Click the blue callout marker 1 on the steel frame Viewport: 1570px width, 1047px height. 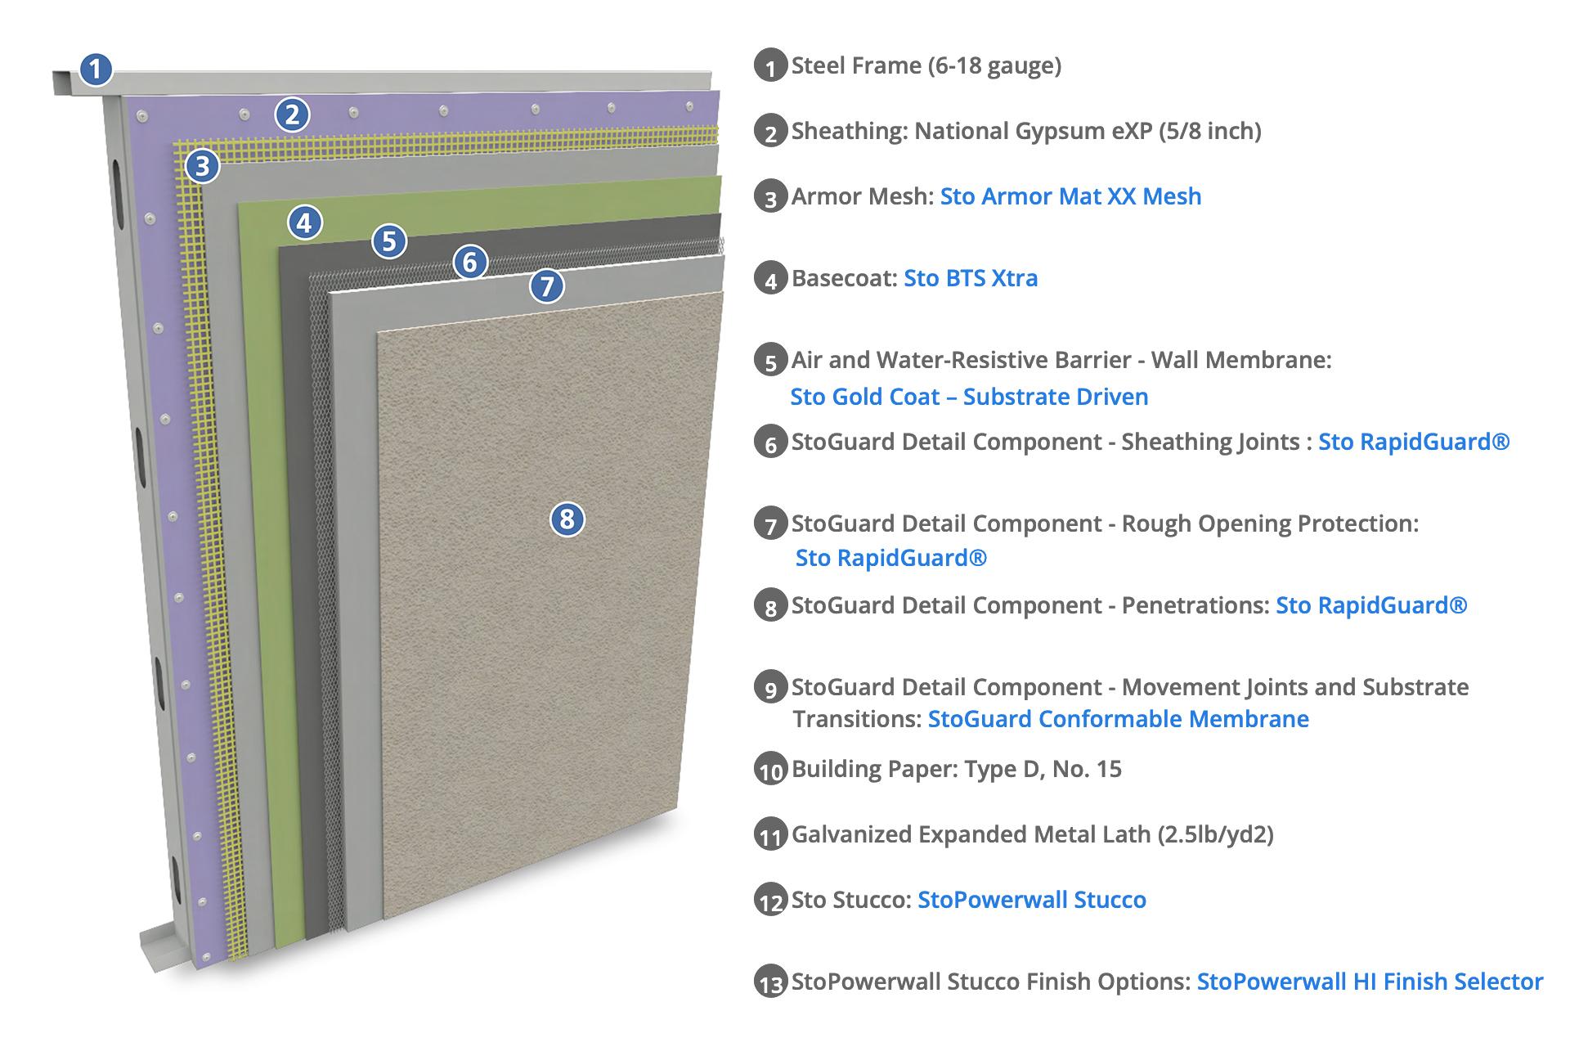pos(96,69)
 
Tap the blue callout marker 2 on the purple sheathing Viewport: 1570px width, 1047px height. pos(292,115)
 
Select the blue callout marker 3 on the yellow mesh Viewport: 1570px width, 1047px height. pos(202,166)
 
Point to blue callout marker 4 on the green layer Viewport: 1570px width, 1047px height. pos(304,222)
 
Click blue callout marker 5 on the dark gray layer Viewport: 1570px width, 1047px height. pos(389,240)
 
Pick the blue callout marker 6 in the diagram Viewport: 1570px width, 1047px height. pos(469,262)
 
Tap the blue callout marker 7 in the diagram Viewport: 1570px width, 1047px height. pos(547,285)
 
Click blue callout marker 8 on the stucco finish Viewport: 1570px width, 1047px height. pos(567,519)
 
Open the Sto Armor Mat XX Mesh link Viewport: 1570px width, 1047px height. pos(1070,196)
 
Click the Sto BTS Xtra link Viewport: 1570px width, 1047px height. pos(971,278)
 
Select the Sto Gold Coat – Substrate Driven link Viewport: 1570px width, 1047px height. pos(969,397)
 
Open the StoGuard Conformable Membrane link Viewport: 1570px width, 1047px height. pos(1118,719)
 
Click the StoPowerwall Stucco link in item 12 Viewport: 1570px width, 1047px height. pos(1031,900)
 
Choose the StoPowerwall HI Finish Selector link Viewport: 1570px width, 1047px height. pos(1370,982)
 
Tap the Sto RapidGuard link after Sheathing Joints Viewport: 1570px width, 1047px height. pos(1413,442)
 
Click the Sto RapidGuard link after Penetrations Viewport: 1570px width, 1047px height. pos(1371,605)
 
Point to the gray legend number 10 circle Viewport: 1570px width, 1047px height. pos(770,770)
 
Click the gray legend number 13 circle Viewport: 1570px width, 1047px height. pos(770,982)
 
